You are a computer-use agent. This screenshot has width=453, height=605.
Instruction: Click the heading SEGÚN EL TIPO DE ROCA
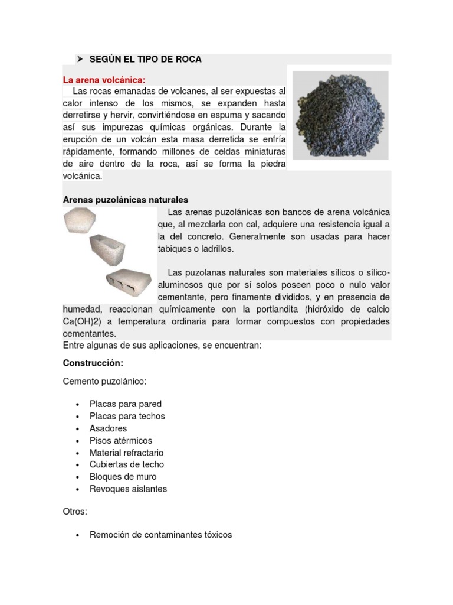pyautogui.click(x=145, y=59)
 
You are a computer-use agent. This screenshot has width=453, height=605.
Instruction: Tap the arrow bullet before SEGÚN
pyautogui.click(x=79, y=59)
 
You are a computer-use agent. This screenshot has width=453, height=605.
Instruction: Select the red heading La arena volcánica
pyautogui.click(x=104, y=80)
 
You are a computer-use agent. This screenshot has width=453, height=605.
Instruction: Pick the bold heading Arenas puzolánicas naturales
pyautogui.click(x=125, y=200)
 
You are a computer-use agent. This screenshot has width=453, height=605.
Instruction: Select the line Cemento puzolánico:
pyautogui.click(x=104, y=382)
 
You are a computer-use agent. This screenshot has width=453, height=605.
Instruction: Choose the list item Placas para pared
pyautogui.click(x=125, y=404)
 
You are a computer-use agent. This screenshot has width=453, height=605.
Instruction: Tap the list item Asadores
pyautogui.click(x=108, y=428)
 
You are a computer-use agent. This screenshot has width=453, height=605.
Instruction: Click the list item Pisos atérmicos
pyautogui.click(x=120, y=441)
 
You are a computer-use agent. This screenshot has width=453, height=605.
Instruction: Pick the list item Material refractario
pyautogui.click(x=126, y=453)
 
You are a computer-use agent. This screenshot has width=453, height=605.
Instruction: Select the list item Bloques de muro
pyautogui.click(x=123, y=477)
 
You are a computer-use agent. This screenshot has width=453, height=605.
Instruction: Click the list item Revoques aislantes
pyautogui.click(x=128, y=489)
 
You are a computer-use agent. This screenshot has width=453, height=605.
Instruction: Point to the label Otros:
pyautogui.click(x=75, y=512)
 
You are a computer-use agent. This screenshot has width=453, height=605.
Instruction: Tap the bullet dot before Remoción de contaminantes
pyautogui.click(x=78, y=535)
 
